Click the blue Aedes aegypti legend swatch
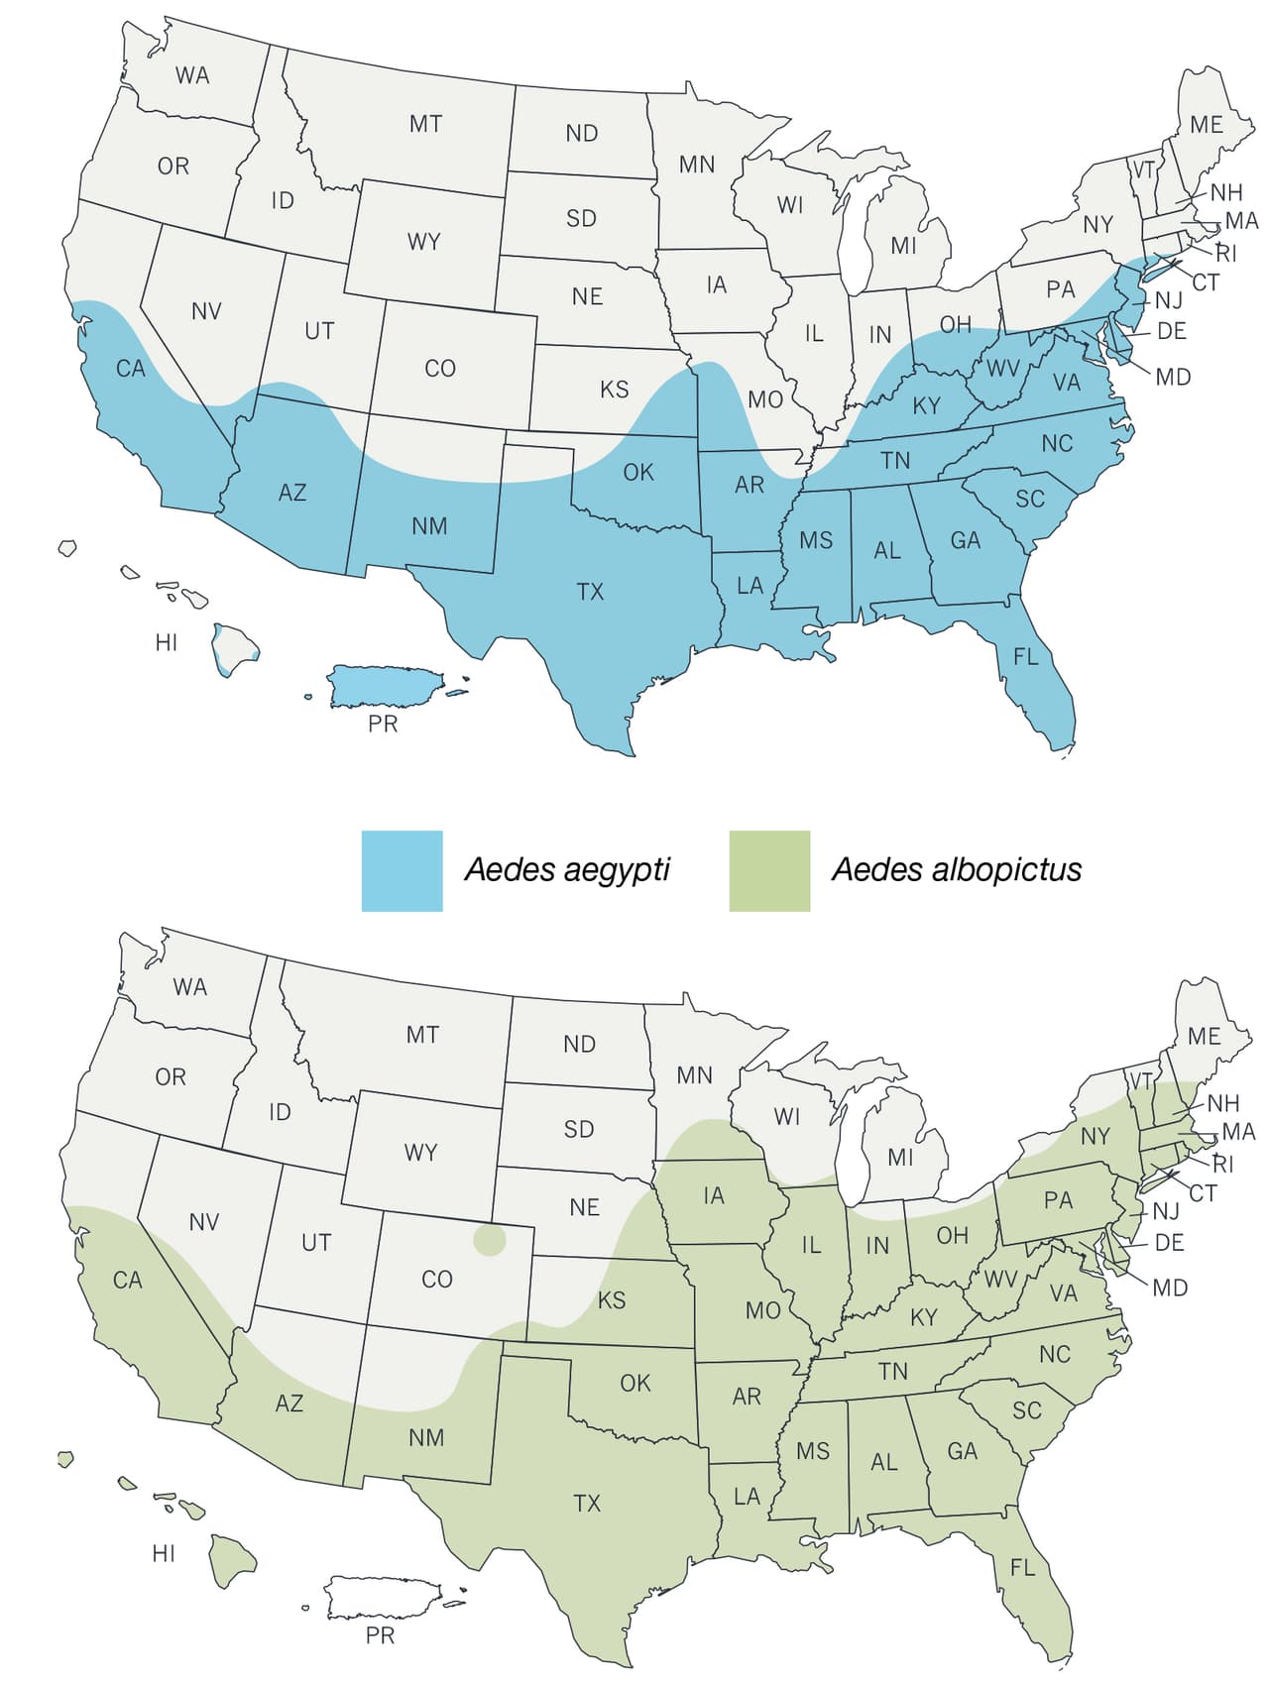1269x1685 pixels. click(402, 870)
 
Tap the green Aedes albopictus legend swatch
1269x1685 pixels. click(769, 870)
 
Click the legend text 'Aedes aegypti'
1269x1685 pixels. click(567, 870)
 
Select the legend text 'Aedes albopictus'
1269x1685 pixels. click(957, 870)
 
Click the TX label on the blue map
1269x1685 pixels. click(590, 592)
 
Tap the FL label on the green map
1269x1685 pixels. click(1022, 1567)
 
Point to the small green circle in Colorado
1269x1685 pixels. click(489, 1240)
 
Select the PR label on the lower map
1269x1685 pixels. click(380, 1635)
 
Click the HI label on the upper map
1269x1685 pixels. click(167, 643)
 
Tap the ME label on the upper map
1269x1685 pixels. click(1207, 125)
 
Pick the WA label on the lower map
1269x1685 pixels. click(189, 986)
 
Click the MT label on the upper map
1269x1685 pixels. click(425, 124)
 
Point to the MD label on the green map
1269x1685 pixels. click(1170, 1288)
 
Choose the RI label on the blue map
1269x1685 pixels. click(1226, 253)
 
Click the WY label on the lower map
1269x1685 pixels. click(420, 1153)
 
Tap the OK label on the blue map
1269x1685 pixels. click(638, 473)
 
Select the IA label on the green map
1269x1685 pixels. click(714, 1195)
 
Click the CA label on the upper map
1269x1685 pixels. click(130, 369)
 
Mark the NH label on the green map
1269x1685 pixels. click(1223, 1102)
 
